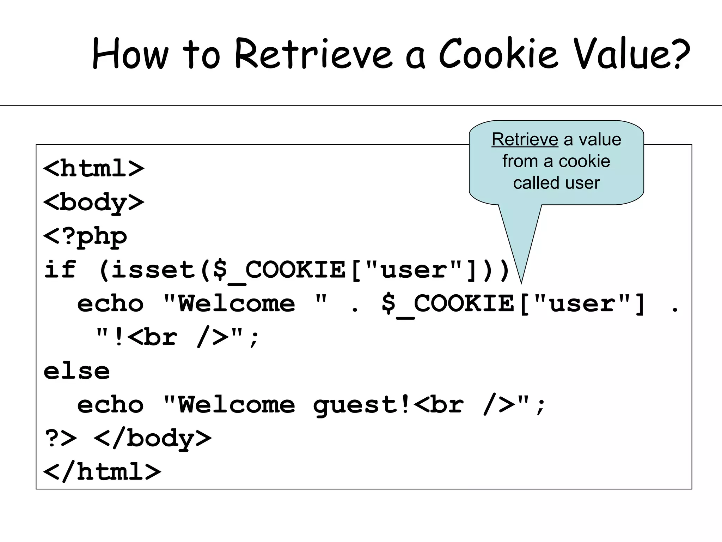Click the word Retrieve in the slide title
tap(313, 54)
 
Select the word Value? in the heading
tap(631, 54)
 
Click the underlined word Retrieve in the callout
tap(525, 140)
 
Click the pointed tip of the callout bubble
tap(521, 282)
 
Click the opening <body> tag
tap(94, 203)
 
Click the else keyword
tap(77, 372)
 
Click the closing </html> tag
tap(102, 472)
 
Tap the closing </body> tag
tap(152, 439)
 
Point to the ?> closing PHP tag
tap(61, 439)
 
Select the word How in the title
tap(130, 54)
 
